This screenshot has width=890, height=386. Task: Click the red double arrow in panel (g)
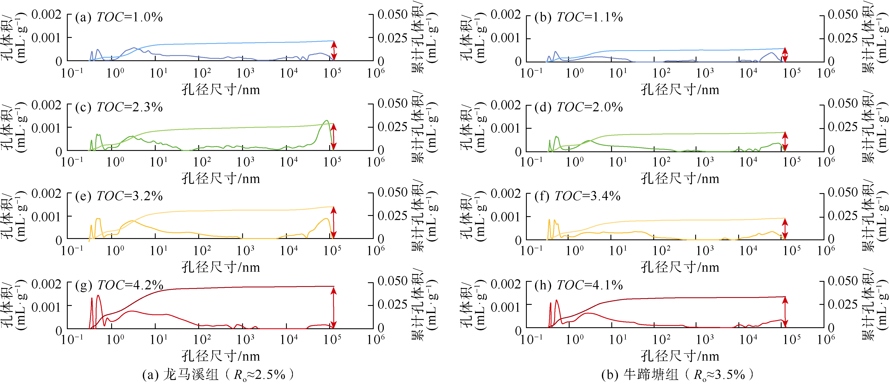coord(334,308)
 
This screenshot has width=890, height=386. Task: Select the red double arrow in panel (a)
coord(334,51)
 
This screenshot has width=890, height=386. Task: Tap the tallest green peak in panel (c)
coord(326,121)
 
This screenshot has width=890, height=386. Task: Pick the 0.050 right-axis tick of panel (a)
coord(392,14)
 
